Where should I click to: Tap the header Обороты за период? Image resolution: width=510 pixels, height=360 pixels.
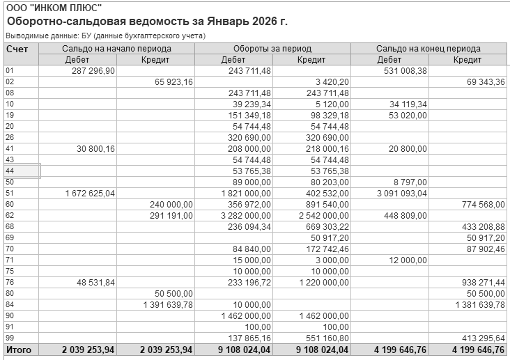pyautogui.click(x=272, y=49)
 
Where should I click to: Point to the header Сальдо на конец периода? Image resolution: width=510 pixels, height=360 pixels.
pyautogui.click(x=428, y=49)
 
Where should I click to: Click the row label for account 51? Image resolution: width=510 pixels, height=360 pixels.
pyautogui.click(x=10, y=193)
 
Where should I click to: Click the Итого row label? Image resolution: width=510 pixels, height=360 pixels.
pyautogui.click(x=19, y=350)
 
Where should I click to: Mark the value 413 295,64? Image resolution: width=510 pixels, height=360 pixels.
pyautogui.click(x=481, y=338)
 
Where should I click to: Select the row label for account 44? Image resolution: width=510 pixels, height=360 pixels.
pyautogui.click(x=10, y=171)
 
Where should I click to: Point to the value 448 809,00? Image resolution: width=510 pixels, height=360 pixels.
pyautogui.click(x=403, y=215)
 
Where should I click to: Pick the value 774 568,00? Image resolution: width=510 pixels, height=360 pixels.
pyautogui.click(x=481, y=204)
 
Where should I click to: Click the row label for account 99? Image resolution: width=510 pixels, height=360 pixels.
pyautogui.click(x=10, y=338)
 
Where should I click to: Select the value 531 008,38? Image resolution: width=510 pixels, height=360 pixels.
pyautogui.click(x=403, y=70)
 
